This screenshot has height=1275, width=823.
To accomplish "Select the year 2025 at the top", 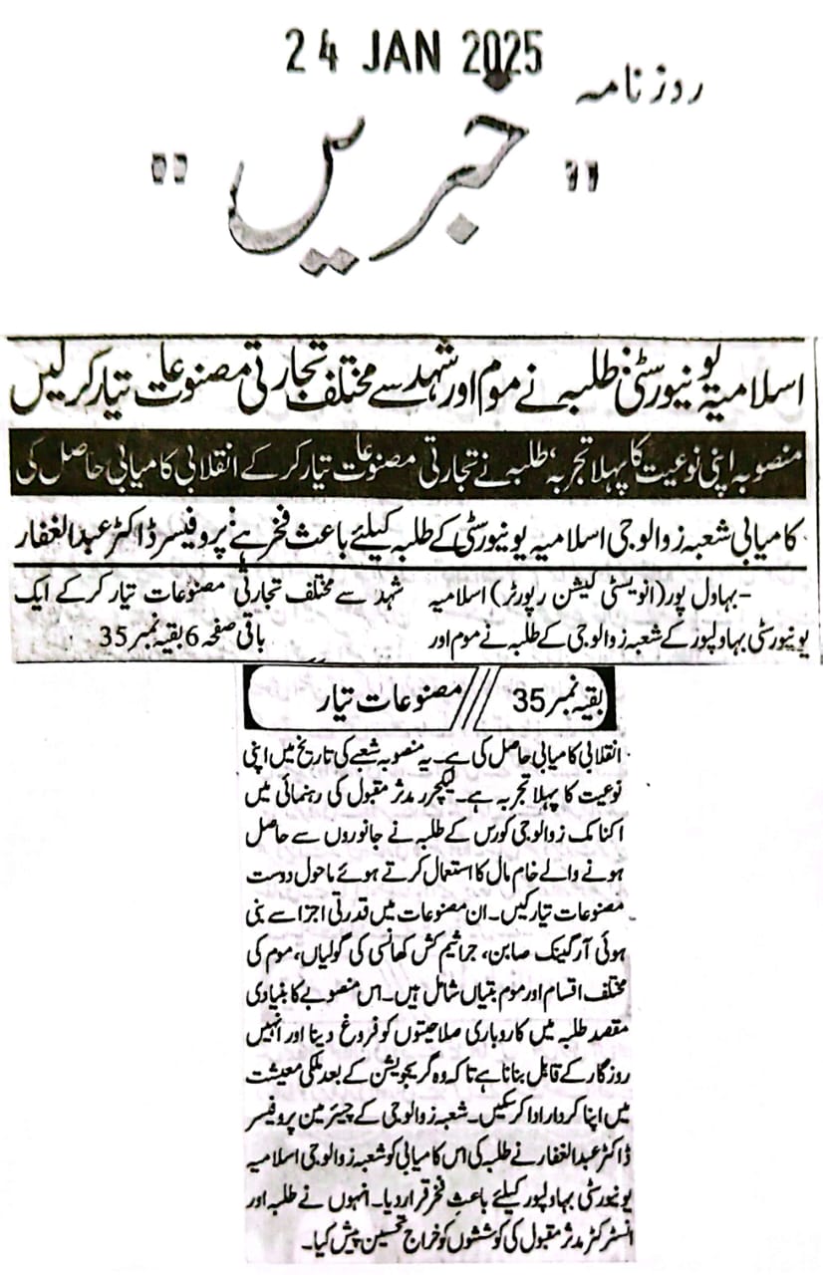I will pos(504,52).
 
